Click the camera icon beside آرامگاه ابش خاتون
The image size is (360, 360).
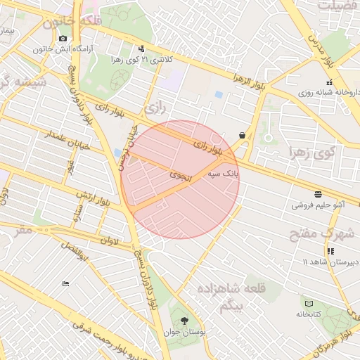coord(63,37)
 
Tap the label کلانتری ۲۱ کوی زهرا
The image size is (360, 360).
coord(140,60)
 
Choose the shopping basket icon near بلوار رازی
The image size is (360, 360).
coord(242,135)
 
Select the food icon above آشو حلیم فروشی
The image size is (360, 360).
coord(319,193)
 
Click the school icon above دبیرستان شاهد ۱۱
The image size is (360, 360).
coord(330,251)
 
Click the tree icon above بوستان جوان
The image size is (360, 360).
coord(184,321)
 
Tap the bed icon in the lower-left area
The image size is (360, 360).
coord(65,283)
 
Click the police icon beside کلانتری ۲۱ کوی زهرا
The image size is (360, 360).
coord(143,49)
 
